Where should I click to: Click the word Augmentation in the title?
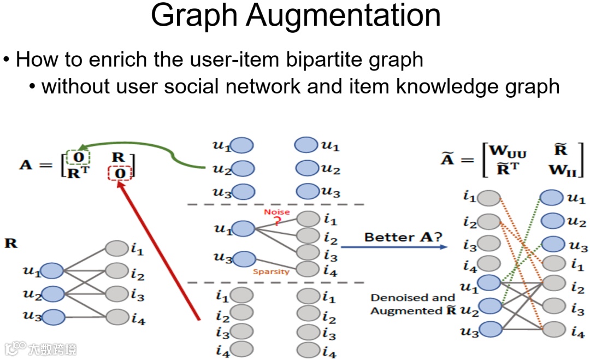343,16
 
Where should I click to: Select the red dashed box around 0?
120,174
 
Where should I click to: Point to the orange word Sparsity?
271,271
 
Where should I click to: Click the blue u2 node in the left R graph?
52,293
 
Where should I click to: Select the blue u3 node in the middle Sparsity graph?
244,258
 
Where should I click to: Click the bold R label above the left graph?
10,243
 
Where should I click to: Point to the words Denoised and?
412,298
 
